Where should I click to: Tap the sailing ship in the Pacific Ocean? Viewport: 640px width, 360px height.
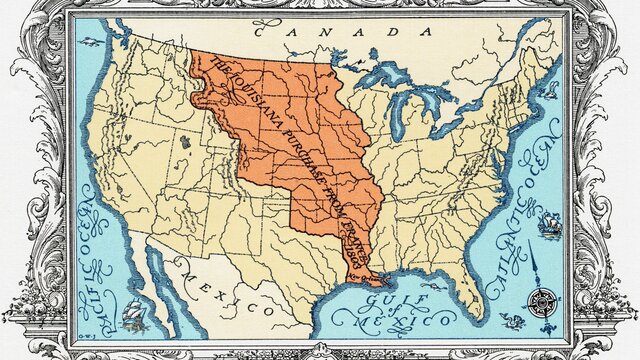(x=133, y=318)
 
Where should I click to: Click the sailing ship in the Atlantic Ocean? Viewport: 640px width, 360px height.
(x=548, y=225)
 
